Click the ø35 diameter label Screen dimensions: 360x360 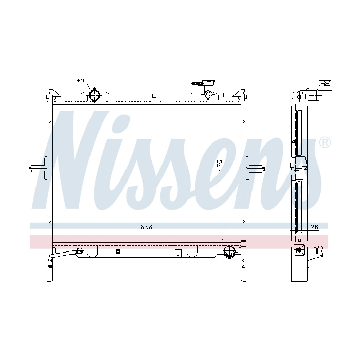[81, 81]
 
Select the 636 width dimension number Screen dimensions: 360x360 [146, 227]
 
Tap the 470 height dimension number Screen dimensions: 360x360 [219, 165]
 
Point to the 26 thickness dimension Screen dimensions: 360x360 [314, 227]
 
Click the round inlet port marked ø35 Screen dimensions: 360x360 [94, 95]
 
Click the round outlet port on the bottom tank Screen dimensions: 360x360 [229, 251]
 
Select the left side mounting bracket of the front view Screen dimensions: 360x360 [39, 168]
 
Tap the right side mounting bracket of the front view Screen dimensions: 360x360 [255, 168]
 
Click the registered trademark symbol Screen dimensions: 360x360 [325, 143]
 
